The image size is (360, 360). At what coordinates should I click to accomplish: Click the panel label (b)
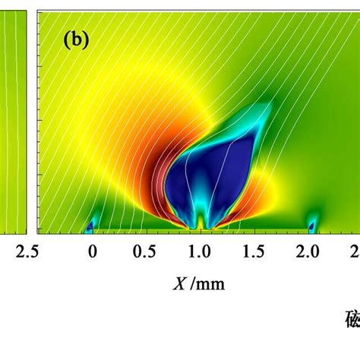[75, 40]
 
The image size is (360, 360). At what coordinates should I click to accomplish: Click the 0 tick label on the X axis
[92, 251]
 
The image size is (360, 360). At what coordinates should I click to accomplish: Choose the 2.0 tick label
[309, 251]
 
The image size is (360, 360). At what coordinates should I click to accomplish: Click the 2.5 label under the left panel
[14, 251]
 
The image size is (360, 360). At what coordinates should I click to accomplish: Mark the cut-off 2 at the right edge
[355, 251]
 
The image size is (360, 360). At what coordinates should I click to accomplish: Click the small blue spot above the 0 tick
[91, 226]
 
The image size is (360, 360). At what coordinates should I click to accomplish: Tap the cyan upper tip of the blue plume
[262, 112]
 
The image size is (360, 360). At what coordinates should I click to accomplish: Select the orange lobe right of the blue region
[258, 190]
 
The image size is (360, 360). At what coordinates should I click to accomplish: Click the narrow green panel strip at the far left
[14, 122]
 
